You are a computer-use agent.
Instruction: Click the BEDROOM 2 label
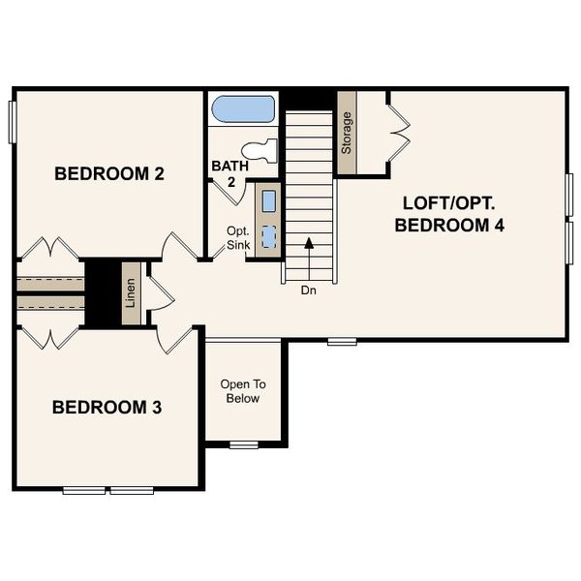click(108, 175)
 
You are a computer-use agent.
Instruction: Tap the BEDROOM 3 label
click(107, 407)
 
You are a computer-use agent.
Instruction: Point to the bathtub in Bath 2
click(243, 108)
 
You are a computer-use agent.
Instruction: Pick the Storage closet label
click(347, 134)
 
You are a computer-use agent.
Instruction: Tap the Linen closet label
click(130, 294)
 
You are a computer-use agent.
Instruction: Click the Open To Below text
click(243, 391)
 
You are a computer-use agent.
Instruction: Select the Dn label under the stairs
click(308, 290)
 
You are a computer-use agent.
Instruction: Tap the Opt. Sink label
click(238, 238)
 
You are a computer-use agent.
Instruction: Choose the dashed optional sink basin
click(269, 237)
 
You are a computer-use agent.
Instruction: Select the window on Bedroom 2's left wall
click(15, 122)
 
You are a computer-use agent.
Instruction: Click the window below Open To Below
click(244, 444)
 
